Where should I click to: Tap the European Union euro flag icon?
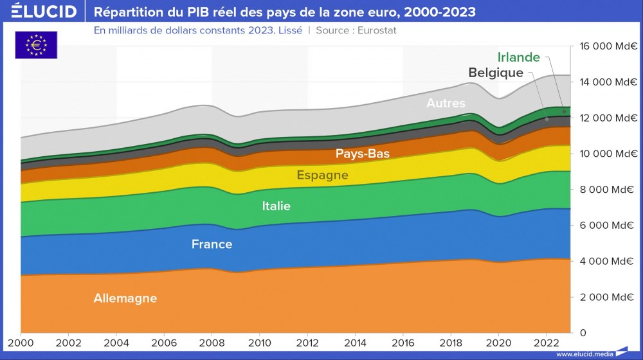pyautogui.click(x=36, y=45)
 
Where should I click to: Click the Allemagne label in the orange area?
pyautogui.click(x=125, y=298)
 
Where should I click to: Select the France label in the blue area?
pyautogui.click(x=212, y=244)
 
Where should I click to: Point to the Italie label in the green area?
pyautogui.click(x=276, y=206)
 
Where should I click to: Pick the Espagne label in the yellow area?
pyautogui.click(x=322, y=175)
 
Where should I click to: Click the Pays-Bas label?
pyautogui.click(x=363, y=154)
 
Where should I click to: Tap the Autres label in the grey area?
pyautogui.click(x=446, y=103)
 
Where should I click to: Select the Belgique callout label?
pyautogui.click(x=496, y=73)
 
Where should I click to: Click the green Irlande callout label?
pyautogui.click(x=519, y=58)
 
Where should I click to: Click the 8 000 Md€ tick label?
pyautogui.click(x=608, y=190)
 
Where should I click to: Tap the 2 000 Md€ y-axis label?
pyautogui.click(x=608, y=297)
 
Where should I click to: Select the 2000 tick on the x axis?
pyautogui.click(x=21, y=343)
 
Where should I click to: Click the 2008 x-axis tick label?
pyautogui.click(x=212, y=343)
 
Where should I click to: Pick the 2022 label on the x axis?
pyautogui.click(x=546, y=343)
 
